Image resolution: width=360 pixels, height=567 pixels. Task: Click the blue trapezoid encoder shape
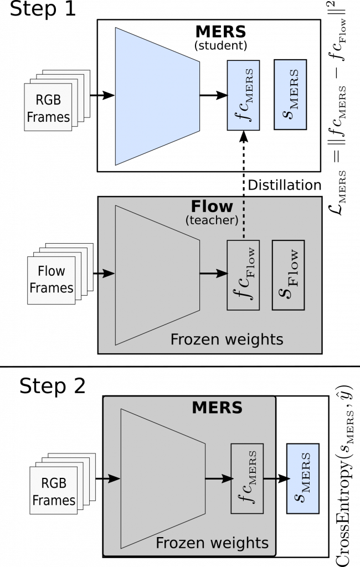coord(157,96)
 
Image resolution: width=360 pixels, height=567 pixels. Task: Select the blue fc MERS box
coord(243,95)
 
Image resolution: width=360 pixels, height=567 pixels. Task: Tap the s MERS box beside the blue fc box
coord(290,95)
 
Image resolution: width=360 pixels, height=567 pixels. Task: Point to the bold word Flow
coord(212,207)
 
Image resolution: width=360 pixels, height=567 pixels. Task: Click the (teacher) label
coord(212,220)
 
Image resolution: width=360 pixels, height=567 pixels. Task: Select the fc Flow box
coord(243,275)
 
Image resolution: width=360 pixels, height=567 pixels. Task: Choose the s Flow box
coord(288,275)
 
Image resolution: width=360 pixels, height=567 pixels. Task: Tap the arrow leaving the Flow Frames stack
coord(106,273)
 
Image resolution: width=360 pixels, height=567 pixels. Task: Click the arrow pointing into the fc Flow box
coord(213,273)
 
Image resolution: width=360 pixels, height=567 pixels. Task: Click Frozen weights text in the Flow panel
coord(227,339)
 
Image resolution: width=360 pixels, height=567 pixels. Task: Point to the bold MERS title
coord(217,408)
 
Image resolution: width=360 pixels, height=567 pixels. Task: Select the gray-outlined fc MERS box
coord(247,478)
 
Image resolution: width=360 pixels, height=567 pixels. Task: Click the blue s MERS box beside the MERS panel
coord(302,478)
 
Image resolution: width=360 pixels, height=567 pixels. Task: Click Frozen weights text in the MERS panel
coord(212,543)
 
